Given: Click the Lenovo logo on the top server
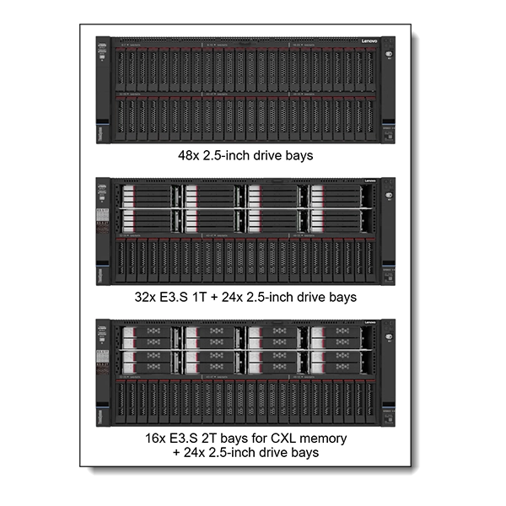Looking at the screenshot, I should click(x=370, y=40).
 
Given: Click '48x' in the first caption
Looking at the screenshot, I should click(x=189, y=156).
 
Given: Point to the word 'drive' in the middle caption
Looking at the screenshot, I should click(x=313, y=297).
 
